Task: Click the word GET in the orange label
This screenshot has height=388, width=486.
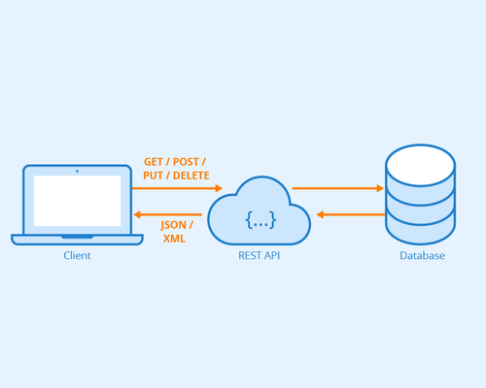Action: tap(154, 162)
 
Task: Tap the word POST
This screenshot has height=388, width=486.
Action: tap(186, 162)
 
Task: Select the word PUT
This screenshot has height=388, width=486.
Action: tap(153, 176)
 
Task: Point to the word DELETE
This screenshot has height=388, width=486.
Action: tap(191, 176)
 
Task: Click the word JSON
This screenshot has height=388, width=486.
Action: tap(173, 225)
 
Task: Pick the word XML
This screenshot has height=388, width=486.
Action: tap(174, 239)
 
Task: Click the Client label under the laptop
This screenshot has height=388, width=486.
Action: tap(77, 255)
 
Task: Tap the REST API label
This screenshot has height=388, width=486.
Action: tap(259, 255)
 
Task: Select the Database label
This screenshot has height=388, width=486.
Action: tap(422, 255)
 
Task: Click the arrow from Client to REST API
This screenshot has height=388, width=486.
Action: tap(177, 188)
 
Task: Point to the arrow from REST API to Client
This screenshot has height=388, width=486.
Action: tap(168, 214)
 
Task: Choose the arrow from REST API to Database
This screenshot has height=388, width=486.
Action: tap(338, 188)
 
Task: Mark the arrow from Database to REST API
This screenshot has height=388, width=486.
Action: tap(351, 214)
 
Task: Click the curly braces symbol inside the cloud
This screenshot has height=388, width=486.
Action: tap(260, 220)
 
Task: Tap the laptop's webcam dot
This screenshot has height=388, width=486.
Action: tap(77, 171)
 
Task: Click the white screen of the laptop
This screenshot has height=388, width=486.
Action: tap(77, 201)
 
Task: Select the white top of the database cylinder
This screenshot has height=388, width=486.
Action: tap(421, 165)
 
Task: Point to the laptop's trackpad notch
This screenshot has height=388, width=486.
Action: tap(77, 237)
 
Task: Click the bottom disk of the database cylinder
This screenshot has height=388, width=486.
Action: tap(421, 230)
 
